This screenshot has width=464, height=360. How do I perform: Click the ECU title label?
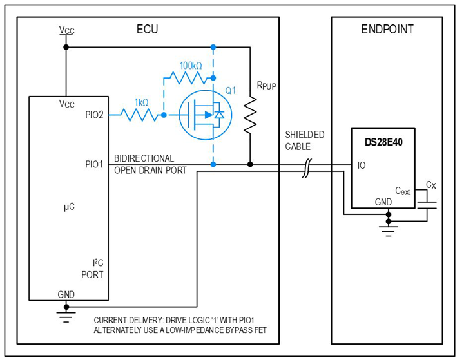tap(147, 30)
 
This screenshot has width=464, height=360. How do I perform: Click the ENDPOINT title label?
tap(387, 30)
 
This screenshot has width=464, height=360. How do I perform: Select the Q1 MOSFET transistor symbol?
tap(204, 115)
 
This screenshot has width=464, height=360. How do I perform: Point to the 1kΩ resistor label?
tap(141, 102)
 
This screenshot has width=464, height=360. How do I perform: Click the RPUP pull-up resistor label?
tap(266, 84)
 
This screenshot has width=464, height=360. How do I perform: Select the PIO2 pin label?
tap(94, 115)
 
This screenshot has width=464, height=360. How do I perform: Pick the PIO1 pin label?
tap(94, 164)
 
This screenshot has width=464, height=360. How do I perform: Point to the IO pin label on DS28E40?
tap(363, 165)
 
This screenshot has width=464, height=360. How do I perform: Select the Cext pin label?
tap(403, 191)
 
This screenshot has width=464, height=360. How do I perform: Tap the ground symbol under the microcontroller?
tap(64, 315)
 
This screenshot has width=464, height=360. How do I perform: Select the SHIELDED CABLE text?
tap(305, 140)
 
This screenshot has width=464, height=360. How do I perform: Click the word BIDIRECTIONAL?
tap(144, 158)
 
